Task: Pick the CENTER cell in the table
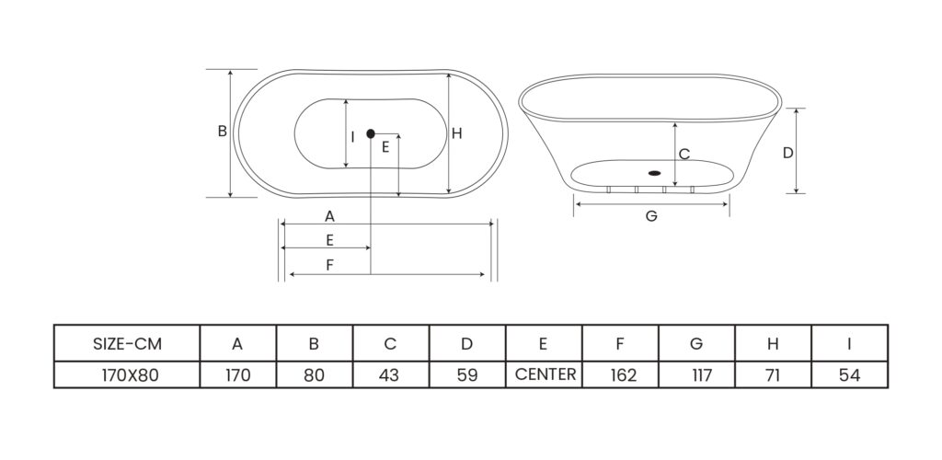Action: click(x=546, y=374)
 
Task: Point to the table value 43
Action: click(x=389, y=375)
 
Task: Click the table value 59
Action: click(x=466, y=375)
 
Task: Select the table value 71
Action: click(x=774, y=375)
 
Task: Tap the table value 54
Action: click(x=849, y=375)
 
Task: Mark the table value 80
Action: click(x=314, y=375)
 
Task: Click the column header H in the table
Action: click(x=774, y=344)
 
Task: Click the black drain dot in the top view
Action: click(x=371, y=133)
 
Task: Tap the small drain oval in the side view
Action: click(x=654, y=172)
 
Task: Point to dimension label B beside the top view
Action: click(x=222, y=132)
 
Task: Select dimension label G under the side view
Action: click(x=650, y=217)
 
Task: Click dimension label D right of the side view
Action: click(x=787, y=153)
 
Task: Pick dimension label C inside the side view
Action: click(x=684, y=154)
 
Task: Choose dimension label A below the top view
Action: click(x=328, y=216)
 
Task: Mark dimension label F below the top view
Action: click(x=328, y=265)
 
